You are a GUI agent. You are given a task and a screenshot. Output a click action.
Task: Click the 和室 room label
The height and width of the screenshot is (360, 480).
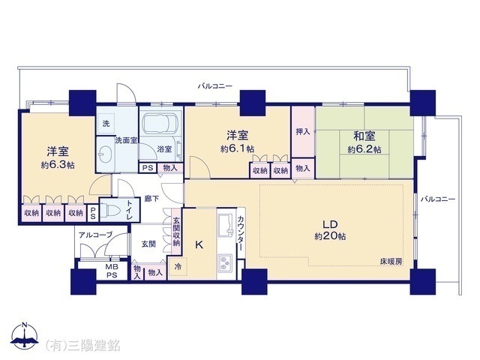(x=364, y=136)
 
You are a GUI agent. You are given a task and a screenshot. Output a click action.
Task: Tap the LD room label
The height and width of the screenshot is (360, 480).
(x=330, y=224)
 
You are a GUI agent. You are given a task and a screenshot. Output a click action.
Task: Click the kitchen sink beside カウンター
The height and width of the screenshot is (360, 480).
(x=226, y=224)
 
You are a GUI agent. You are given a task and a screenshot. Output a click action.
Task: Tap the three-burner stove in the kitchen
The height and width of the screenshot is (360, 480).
(x=226, y=262)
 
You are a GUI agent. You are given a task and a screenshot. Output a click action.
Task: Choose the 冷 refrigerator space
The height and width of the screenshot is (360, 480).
(x=178, y=267)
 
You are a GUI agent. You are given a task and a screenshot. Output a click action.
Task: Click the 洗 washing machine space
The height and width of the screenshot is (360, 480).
(x=106, y=124)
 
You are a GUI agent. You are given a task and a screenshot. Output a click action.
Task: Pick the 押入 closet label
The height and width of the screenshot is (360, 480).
(x=303, y=132)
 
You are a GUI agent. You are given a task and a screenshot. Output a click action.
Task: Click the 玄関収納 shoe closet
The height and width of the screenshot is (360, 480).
(x=176, y=232)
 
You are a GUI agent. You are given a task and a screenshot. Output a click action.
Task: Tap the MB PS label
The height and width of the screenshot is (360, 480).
(x=112, y=271)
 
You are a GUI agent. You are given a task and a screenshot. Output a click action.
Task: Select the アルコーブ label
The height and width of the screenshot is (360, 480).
(x=96, y=235)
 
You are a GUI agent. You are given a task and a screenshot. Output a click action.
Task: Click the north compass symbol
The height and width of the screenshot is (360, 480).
(x=25, y=336)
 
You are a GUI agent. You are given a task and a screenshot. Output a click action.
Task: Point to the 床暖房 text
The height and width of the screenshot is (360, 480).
(x=391, y=262)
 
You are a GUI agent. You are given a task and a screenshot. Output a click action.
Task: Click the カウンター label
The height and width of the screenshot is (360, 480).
(x=241, y=233)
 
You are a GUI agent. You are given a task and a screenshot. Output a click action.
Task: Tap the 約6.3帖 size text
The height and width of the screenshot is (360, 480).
(x=58, y=165)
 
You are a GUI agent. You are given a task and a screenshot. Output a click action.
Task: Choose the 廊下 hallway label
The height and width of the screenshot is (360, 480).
(x=151, y=199)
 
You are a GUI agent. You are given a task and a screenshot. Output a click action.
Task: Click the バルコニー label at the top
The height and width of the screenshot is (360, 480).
(x=215, y=86)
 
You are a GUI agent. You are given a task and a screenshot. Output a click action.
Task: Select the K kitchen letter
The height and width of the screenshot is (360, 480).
(x=199, y=244)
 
